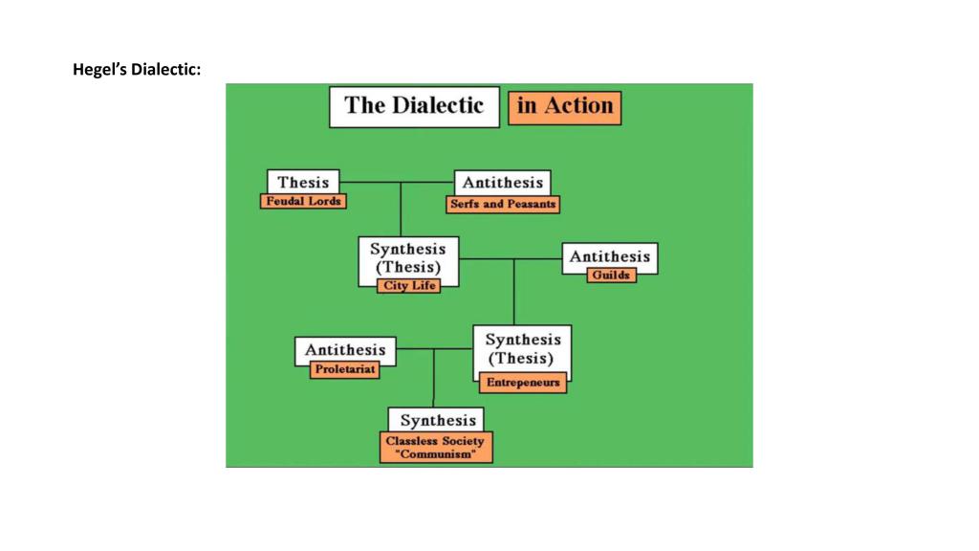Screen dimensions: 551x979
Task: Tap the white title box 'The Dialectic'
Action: [414, 106]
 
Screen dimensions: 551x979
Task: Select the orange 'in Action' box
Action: [564, 106]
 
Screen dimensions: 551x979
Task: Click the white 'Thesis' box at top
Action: [303, 182]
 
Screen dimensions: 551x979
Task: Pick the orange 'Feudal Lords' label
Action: [302, 201]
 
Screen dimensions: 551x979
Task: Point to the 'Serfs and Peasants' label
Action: [503, 204]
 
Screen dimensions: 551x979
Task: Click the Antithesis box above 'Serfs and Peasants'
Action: [502, 183]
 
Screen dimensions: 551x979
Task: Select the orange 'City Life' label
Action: [409, 285]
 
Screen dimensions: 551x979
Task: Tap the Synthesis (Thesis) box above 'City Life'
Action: [408, 257]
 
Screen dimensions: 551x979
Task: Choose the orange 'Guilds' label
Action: [611, 275]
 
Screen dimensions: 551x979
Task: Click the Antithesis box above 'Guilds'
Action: [610, 256]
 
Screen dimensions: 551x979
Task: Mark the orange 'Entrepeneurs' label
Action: [522, 383]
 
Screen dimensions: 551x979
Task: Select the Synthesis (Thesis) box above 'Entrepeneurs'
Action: [522, 348]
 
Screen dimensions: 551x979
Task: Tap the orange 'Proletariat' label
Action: [345, 370]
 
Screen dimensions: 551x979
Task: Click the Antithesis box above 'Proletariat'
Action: [345, 350]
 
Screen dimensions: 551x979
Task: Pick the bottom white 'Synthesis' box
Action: [437, 420]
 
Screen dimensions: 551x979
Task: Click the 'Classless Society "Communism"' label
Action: [436, 448]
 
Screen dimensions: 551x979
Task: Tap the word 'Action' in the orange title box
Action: [579, 106]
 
